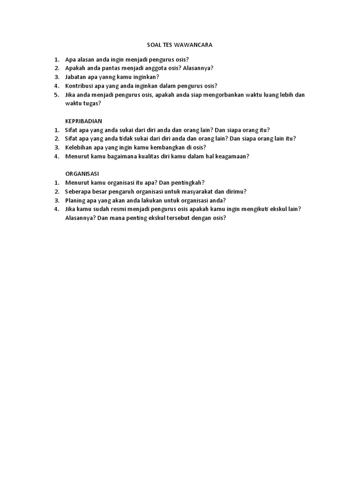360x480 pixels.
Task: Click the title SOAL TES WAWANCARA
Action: click(180, 45)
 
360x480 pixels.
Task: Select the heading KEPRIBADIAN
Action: click(83, 120)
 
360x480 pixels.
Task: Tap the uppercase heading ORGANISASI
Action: click(82, 173)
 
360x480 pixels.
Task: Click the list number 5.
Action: click(56, 95)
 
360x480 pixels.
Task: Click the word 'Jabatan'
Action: click(75, 77)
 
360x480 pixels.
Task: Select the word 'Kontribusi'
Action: click(79, 86)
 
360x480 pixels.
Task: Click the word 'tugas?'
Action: click(92, 103)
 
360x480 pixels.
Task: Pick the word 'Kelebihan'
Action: click(78, 147)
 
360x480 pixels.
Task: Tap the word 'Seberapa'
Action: click(77, 191)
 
